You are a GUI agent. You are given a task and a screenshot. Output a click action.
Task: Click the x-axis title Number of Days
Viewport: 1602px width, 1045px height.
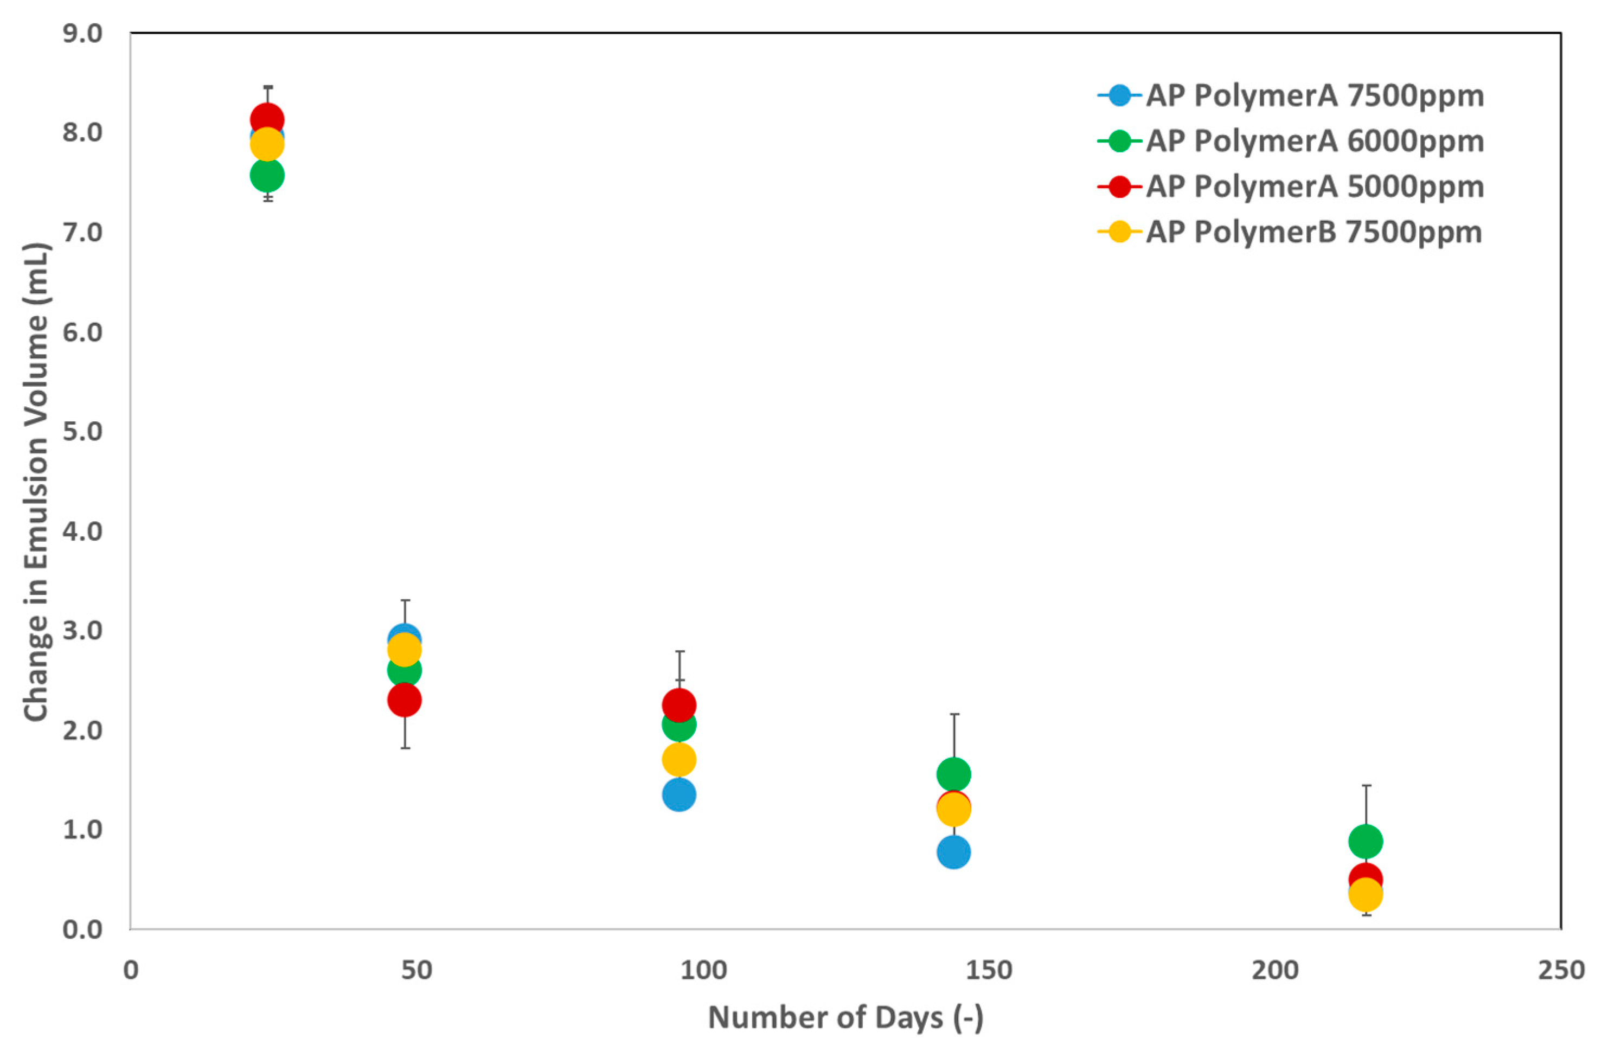(x=845, y=1017)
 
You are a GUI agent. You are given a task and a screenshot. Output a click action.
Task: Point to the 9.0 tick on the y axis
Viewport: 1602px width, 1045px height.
(x=82, y=34)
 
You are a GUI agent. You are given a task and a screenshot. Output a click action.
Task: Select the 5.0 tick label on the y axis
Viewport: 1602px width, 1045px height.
(x=82, y=431)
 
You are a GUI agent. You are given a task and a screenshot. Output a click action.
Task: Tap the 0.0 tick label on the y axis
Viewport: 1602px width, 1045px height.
(x=82, y=929)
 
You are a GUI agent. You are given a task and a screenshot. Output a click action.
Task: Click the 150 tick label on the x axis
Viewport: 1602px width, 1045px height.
(x=988, y=970)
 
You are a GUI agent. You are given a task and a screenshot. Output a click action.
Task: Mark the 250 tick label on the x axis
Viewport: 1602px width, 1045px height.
(x=1560, y=970)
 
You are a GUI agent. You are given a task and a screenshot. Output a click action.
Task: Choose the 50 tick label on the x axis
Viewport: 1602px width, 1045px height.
(x=416, y=970)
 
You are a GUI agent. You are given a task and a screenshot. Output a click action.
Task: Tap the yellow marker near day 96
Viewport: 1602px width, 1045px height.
(x=678, y=760)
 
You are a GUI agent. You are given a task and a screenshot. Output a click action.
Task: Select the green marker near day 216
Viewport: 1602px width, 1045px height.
(x=1365, y=841)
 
